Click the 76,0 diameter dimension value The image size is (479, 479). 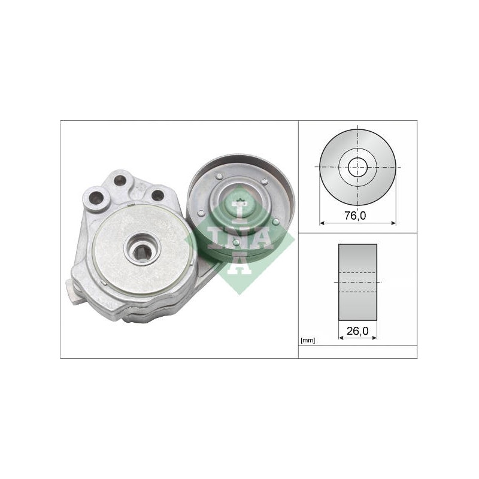pyautogui.click(x=355, y=216)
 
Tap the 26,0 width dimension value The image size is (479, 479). pyautogui.click(x=357, y=331)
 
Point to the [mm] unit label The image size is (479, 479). pyautogui.click(x=308, y=340)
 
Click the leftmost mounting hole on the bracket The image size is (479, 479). pyautogui.click(x=96, y=198)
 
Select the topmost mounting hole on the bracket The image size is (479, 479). pyautogui.click(x=120, y=180)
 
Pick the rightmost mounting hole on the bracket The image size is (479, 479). pyautogui.click(x=157, y=195)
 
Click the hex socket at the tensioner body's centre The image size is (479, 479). pyautogui.click(x=142, y=250)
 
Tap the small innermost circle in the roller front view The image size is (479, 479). pyautogui.click(x=357, y=167)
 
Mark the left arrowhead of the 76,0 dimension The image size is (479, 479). pyautogui.click(x=322, y=223)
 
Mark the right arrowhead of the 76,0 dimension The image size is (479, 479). pyautogui.click(x=393, y=223)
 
